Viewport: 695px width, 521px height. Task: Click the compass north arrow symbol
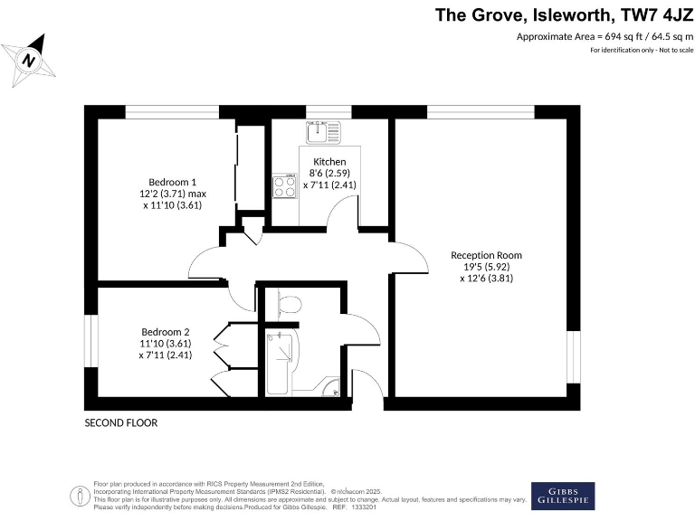point(30,60)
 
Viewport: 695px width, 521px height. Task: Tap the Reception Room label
point(486,255)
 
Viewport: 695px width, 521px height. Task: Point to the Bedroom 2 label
point(166,330)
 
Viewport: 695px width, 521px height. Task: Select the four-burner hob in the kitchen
point(286,186)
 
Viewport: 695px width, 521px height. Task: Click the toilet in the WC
point(289,305)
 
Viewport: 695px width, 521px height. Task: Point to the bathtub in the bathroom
point(279,363)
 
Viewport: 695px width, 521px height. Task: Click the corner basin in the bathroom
point(335,389)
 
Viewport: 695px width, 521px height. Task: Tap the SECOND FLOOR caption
point(120,422)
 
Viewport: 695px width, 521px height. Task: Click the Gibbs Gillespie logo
point(562,496)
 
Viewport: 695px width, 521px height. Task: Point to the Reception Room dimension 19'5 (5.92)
point(486,267)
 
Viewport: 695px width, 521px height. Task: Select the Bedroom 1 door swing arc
point(205,262)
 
